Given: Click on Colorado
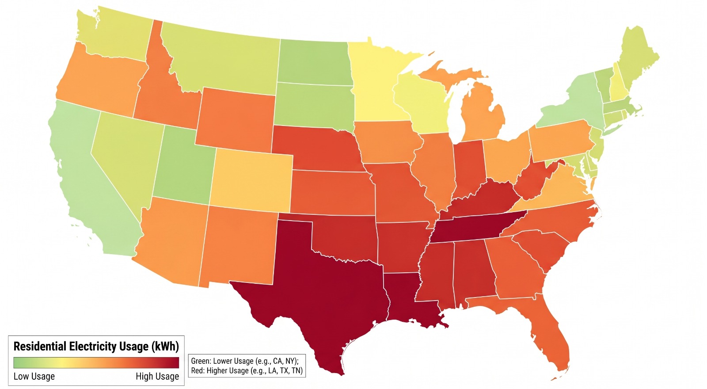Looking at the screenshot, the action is pyautogui.click(x=251, y=180).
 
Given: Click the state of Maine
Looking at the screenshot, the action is pyautogui.click(x=635, y=60).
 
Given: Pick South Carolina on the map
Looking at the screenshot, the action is pyautogui.click(x=541, y=249).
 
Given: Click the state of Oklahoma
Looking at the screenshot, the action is pyautogui.click(x=344, y=238).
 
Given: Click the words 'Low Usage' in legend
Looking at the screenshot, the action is pyautogui.click(x=34, y=376).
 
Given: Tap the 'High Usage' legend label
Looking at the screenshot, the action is pyautogui.click(x=157, y=376).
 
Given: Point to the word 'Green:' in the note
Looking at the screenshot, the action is pyautogui.click(x=201, y=361).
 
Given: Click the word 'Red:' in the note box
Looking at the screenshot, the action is pyautogui.click(x=198, y=370).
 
